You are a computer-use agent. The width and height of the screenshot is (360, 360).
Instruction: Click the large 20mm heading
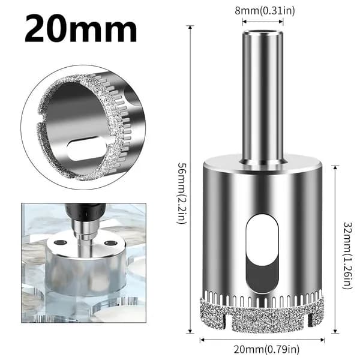(81, 28)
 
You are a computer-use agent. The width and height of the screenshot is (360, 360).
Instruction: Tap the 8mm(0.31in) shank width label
(265, 11)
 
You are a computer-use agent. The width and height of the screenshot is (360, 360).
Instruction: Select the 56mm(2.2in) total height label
(183, 193)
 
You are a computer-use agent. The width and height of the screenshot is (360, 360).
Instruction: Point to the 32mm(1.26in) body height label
(347, 255)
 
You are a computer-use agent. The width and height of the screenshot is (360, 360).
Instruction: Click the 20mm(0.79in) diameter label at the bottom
(266, 349)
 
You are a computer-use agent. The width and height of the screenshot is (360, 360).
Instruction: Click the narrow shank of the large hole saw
(263, 97)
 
